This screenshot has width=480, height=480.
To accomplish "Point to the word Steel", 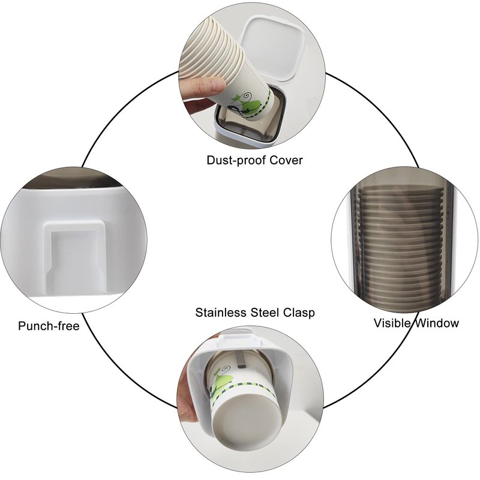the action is point(265,313).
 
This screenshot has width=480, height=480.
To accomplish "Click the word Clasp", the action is point(299,313).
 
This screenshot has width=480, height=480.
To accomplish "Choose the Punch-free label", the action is point(49,326).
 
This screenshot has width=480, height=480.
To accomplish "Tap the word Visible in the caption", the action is point(392,323).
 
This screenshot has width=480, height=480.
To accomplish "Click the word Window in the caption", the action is point(437,323).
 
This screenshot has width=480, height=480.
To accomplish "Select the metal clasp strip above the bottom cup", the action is point(241,359).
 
